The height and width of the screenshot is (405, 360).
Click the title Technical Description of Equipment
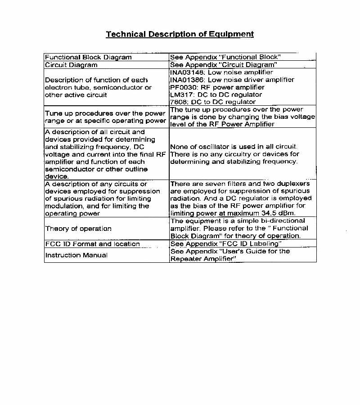tap(180, 34)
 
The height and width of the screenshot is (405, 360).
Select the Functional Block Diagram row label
tap(88, 57)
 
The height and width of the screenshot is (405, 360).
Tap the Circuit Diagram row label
tap(71, 65)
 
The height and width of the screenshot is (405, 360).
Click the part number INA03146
tap(185, 72)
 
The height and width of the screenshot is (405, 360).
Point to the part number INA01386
tap(185, 80)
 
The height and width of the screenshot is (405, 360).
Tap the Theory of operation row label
tap(78, 229)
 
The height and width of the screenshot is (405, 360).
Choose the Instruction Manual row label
tap(76, 255)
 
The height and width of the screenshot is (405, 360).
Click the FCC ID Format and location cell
tap(92, 244)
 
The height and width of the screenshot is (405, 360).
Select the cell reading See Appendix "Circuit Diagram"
tap(223, 65)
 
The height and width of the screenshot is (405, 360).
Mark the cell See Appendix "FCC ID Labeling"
tap(226, 244)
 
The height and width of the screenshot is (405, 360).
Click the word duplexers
tap(294, 184)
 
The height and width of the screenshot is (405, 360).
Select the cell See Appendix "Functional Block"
tap(225, 57)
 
